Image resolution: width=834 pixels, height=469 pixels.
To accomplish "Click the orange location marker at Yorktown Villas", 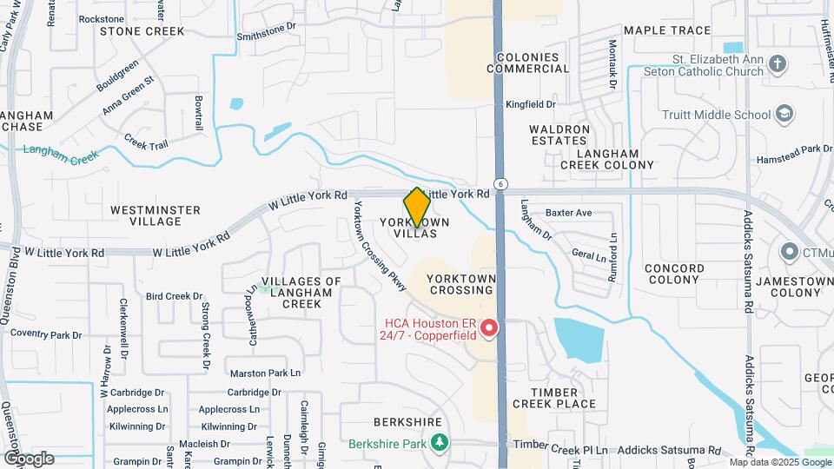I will tap(417, 208).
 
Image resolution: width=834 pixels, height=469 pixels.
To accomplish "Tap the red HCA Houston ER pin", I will tap(489, 328).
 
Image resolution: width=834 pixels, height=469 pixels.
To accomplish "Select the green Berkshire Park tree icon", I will tap(440, 443).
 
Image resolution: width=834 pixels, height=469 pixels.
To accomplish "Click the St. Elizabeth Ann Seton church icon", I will tap(777, 64).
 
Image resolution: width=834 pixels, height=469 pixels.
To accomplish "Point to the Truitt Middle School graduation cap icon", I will tap(784, 115).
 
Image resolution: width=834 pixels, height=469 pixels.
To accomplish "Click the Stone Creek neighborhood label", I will tap(142, 31).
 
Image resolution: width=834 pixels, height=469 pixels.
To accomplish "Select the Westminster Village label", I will tap(156, 215).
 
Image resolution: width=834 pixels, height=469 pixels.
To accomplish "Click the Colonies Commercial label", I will tap(533, 63).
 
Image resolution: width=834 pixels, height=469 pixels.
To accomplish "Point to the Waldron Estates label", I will tap(559, 135).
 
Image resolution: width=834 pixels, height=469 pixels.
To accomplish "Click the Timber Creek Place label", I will tap(554, 398).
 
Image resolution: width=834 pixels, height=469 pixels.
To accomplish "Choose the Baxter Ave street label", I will tap(568, 213).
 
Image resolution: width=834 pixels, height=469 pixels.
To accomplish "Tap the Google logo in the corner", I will tap(29, 458).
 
